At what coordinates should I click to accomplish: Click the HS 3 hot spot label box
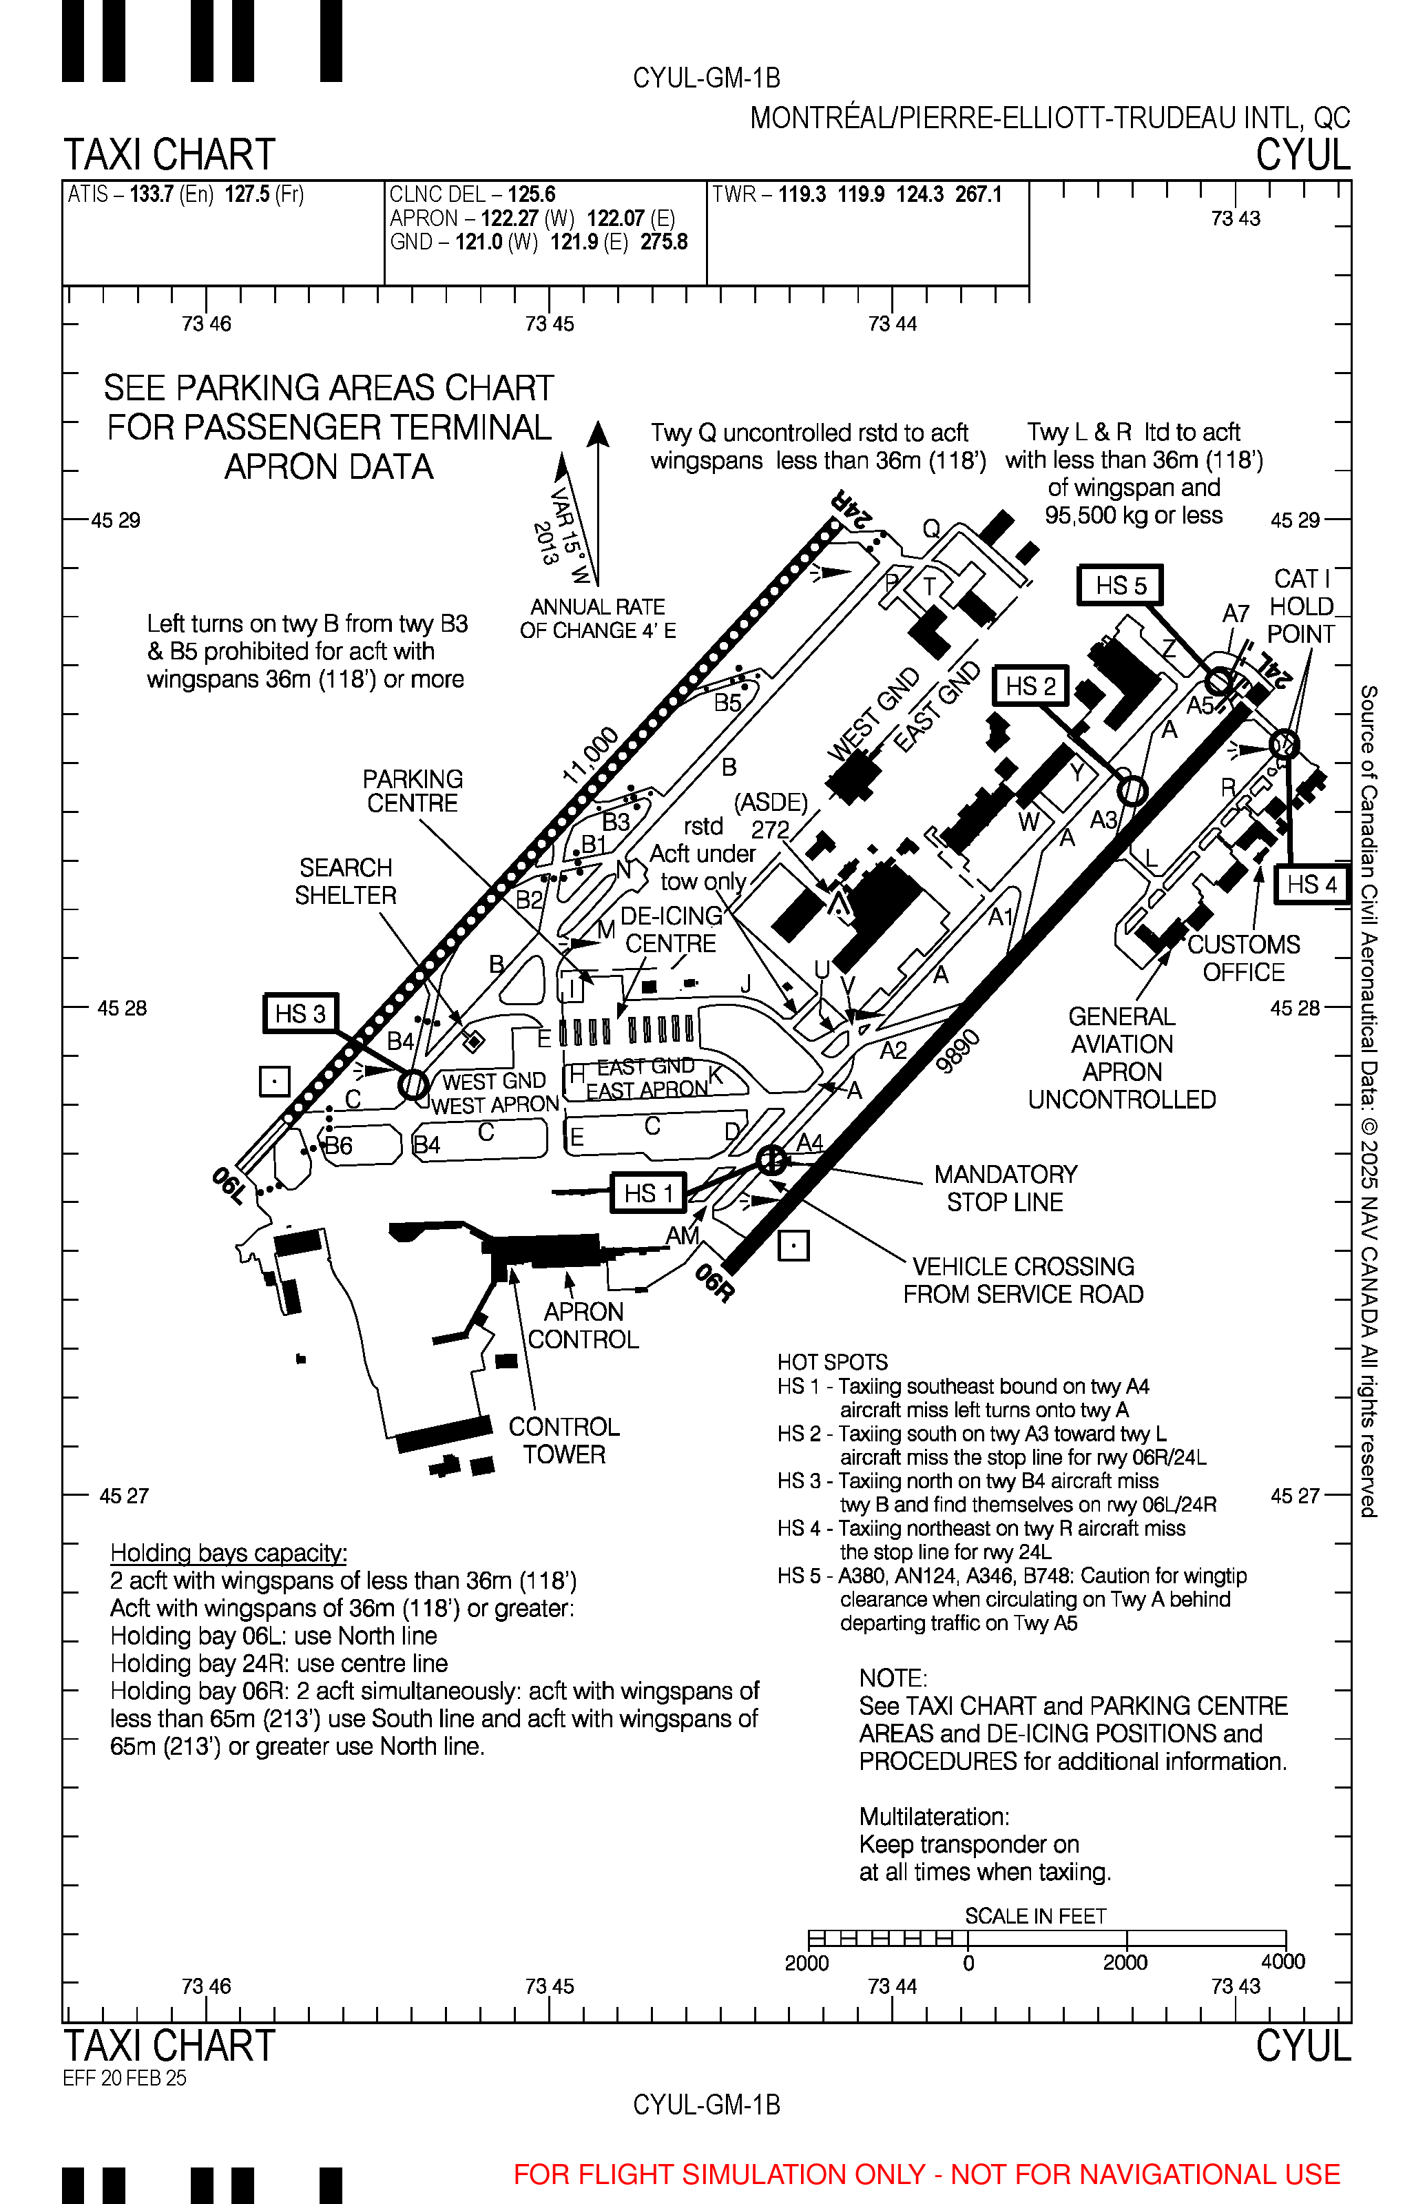click(300, 1014)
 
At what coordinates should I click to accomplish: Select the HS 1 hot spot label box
click(649, 1193)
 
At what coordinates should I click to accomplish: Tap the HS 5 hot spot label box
click(1120, 586)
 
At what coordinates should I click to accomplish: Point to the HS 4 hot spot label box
click(1311, 885)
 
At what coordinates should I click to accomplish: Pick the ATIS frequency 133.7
click(152, 195)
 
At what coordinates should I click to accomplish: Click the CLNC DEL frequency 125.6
click(532, 195)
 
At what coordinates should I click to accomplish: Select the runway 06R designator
click(714, 1283)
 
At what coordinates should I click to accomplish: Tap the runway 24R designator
click(850, 508)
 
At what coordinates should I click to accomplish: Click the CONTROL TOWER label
click(564, 1440)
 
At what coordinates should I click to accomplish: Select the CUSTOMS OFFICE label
click(1243, 958)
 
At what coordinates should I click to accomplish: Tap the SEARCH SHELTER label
click(345, 882)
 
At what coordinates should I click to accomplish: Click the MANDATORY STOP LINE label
click(1006, 1188)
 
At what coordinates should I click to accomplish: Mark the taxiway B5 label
click(727, 703)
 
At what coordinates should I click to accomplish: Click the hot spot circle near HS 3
click(413, 1084)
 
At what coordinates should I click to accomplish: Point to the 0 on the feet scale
click(968, 1962)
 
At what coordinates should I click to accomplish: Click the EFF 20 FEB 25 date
click(124, 2078)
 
